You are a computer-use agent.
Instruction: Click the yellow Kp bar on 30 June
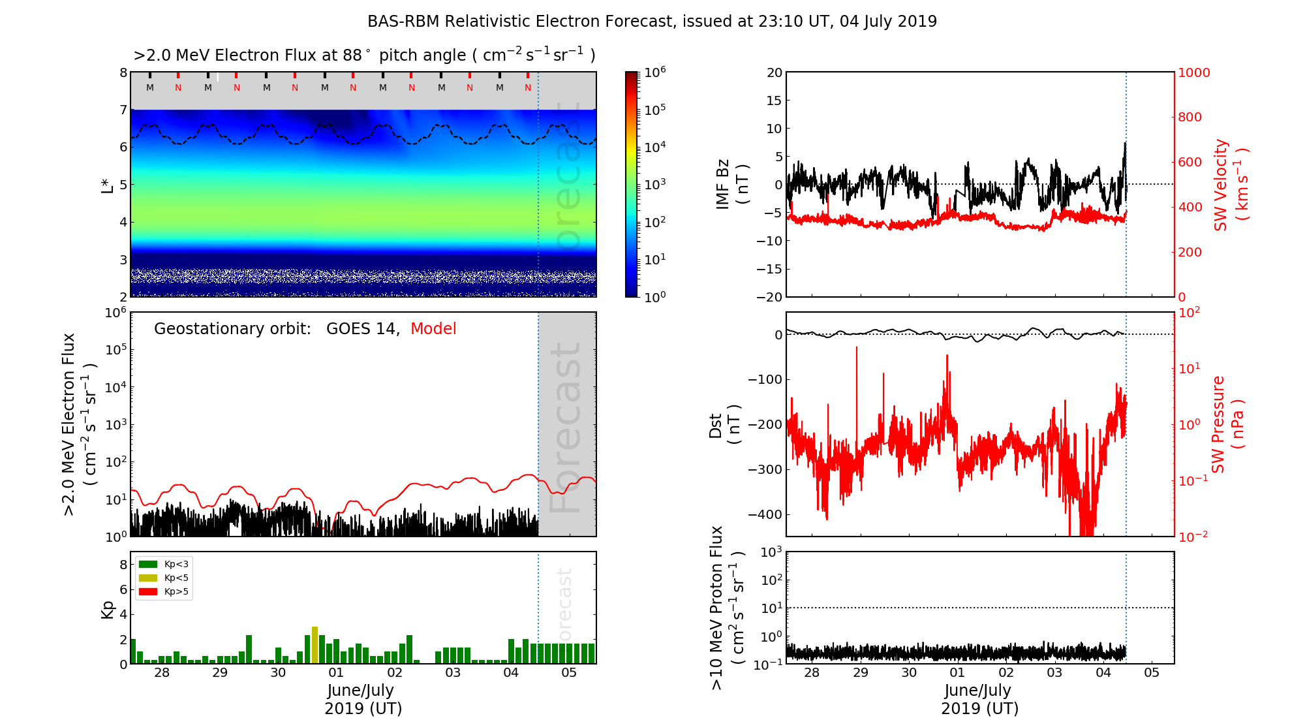tap(315, 645)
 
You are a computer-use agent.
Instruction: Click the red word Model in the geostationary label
tap(433, 329)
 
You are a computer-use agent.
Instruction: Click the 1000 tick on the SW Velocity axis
tap(1193, 72)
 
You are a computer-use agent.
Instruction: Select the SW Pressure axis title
tap(1227, 424)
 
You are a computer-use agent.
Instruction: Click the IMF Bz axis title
tap(731, 184)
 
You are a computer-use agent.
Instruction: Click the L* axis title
tap(108, 184)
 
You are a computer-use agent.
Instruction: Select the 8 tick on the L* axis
tap(123, 72)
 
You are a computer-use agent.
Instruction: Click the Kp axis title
tap(108, 609)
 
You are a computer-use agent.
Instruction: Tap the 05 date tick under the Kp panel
tap(569, 673)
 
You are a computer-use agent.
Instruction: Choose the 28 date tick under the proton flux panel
tap(812, 673)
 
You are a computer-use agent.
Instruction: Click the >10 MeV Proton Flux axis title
tap(726, 608)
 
